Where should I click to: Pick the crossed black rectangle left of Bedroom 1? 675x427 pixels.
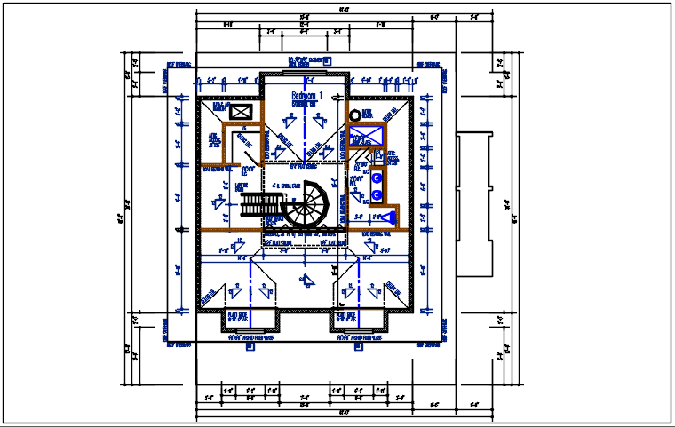click(x=240, y=112)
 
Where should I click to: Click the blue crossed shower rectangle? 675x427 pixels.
click(x=366, y=136)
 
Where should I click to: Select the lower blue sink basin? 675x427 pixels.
click(x=377, y=194)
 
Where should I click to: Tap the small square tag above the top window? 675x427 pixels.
click(x=327, y=62)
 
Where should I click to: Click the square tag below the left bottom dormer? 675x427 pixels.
click(x=250, y=347)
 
